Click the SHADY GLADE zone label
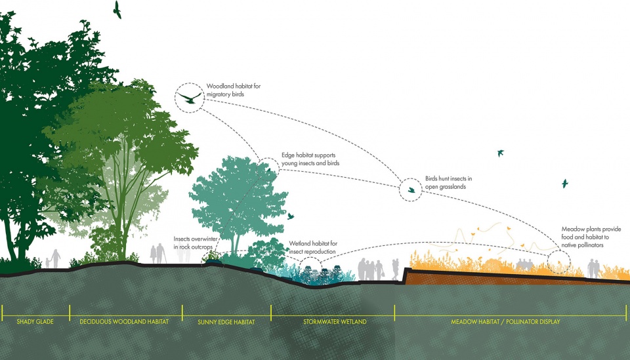pyautogui.click(x=35, y=321)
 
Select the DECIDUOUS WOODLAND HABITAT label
pyautogui.click(x=124, y=321)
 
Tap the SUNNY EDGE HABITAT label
pyautogui.click(x=226, y=322)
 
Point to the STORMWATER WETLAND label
pyautogui.click(x=335, y=321)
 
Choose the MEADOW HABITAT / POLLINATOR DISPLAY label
pyautogui.click(x=505, y=321)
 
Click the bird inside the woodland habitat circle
pyautogui.click(x=189, y=98)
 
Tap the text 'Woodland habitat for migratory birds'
pyautogui.click(x=234, y=90)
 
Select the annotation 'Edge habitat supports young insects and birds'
pyautogui.click(x=310, y=159)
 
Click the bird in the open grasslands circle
pyautogui.click(x=411, y=190)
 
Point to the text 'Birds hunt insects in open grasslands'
pyautogui.click(x=448, y=182)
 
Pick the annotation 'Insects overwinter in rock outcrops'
pyautogui.click(x=196, y=243)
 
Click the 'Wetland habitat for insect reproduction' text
pyautogui.click(x=313, y=247)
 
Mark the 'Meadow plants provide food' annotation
pyautogui.click(x=591, y=237)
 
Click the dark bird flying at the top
pyautogui.click(x=117, y=9)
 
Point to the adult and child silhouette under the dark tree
pyautogui.click(x=53, y=258)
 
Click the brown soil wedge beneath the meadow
pyautogui.click(x=482, y=277)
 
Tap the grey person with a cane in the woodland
pyautogui.click(x=160, y=253)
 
